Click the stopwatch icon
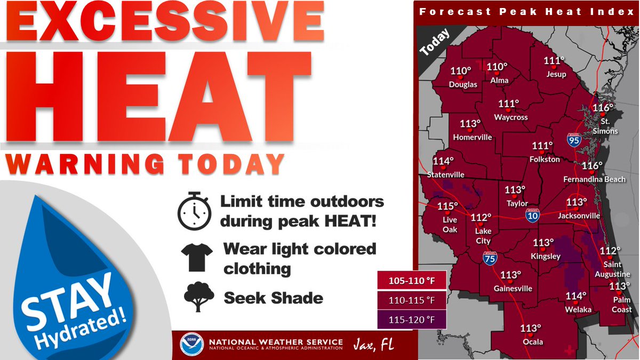[194, 212]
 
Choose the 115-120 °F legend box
[411, 319]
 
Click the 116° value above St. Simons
[604, 108]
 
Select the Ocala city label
[532, 342]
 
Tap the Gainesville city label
[513, 289]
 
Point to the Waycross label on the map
[510, 117]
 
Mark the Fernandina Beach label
[594, 180]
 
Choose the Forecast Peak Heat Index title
[526, 11]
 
